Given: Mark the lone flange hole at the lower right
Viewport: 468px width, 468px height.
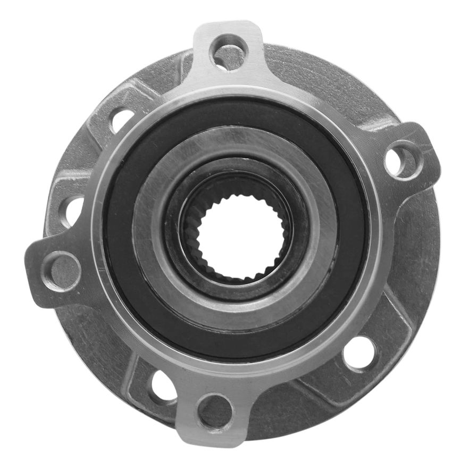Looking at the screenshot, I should (x=360, y=354).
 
